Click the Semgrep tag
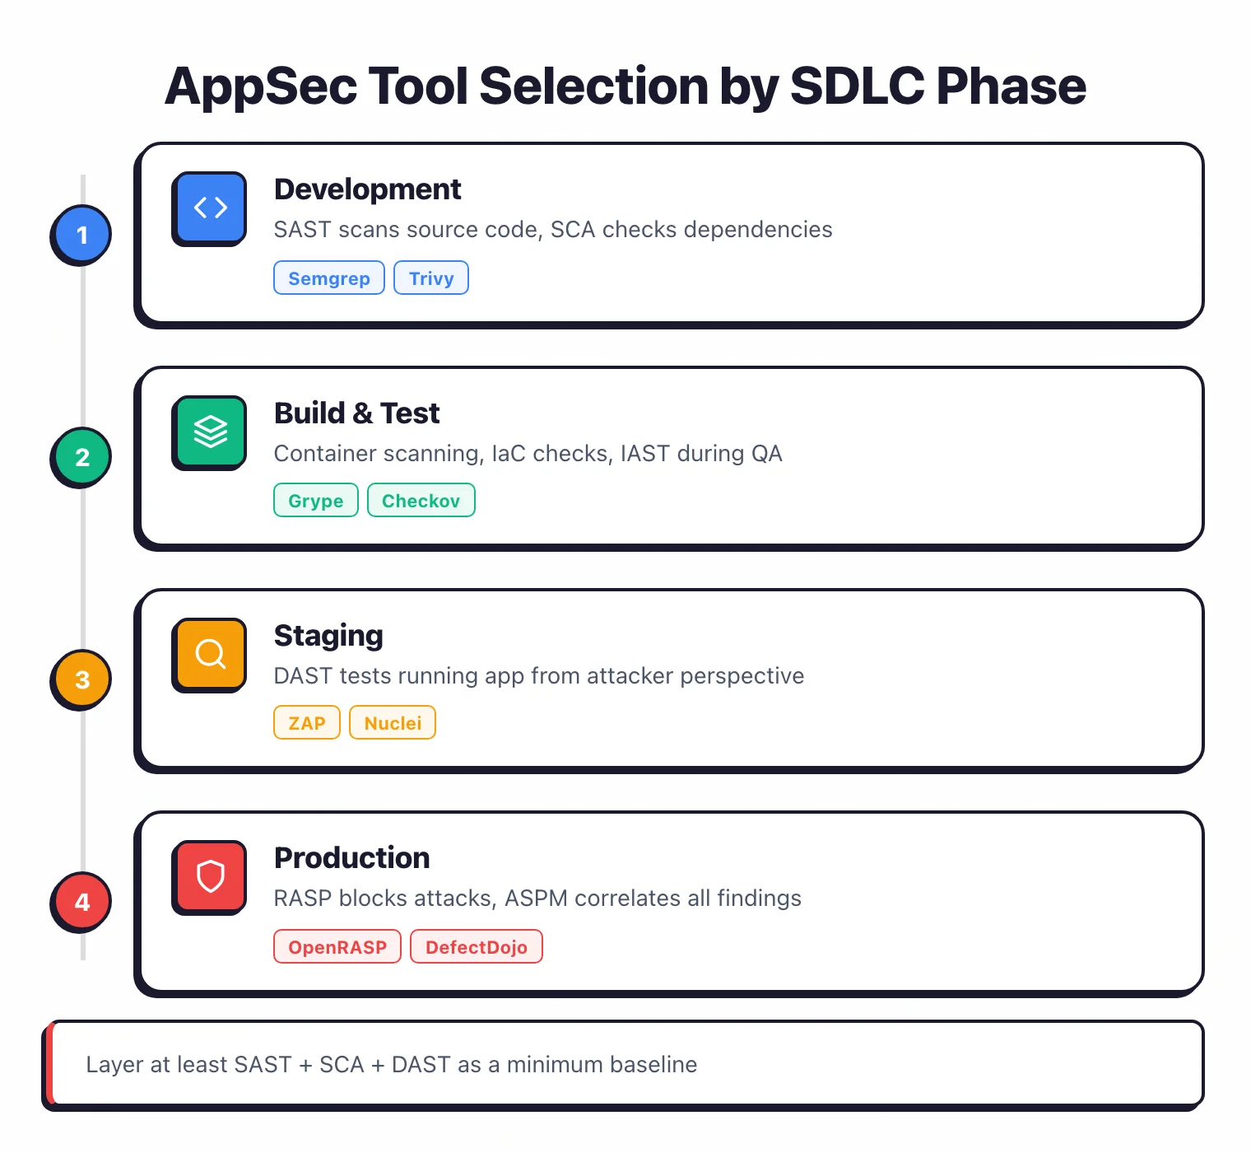tap(328, 278)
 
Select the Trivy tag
tap(431, 278)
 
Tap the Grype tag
tap(315, 501)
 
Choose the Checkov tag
tap(421, 501)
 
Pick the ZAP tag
tap(307, 723)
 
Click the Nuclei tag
tap(393, 723)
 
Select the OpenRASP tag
tap(337, 947)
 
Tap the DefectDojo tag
tap(476, 947)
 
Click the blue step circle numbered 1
tap(81, 236)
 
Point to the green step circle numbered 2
tap(81, 458)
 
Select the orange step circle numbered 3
tap(81, 680)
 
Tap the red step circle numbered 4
tap(81, 903)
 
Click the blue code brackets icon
tap(210, 208)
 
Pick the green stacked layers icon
tap(210, 432)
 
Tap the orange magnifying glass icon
tap(210, 654)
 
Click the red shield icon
tap(210, 876)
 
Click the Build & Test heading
tap(356, 413)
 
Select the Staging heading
tap(328, 636)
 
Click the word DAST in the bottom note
tap(421, 1065)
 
